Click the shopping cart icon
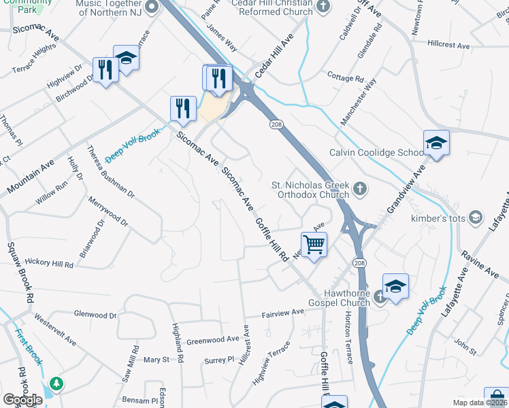point(314,243)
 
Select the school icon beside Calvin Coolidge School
point(436,143)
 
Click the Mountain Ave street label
point(30,176)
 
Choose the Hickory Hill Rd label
point(48,262)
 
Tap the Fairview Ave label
point(284,312)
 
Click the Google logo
point(22,399)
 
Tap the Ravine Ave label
point(479,263)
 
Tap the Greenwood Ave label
point(213,339)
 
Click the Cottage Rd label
point(345,78)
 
